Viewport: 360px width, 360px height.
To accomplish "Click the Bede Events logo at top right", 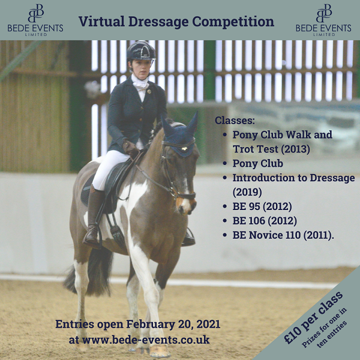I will pos(324,20).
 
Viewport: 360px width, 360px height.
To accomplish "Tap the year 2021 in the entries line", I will pos(206,325).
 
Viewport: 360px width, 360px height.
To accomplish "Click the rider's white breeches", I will pos(111,168).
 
